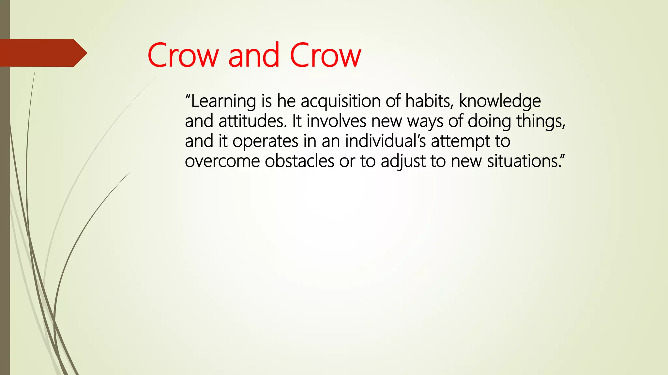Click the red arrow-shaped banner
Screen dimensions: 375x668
[x=42, y=53]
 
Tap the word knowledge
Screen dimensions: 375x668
[x=500, y=102]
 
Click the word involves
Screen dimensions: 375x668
[x=336, y=121]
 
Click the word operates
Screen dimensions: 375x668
[x=265, y=142]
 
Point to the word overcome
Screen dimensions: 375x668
[x=222, y=161]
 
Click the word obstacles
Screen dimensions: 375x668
[x=299, y=161]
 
